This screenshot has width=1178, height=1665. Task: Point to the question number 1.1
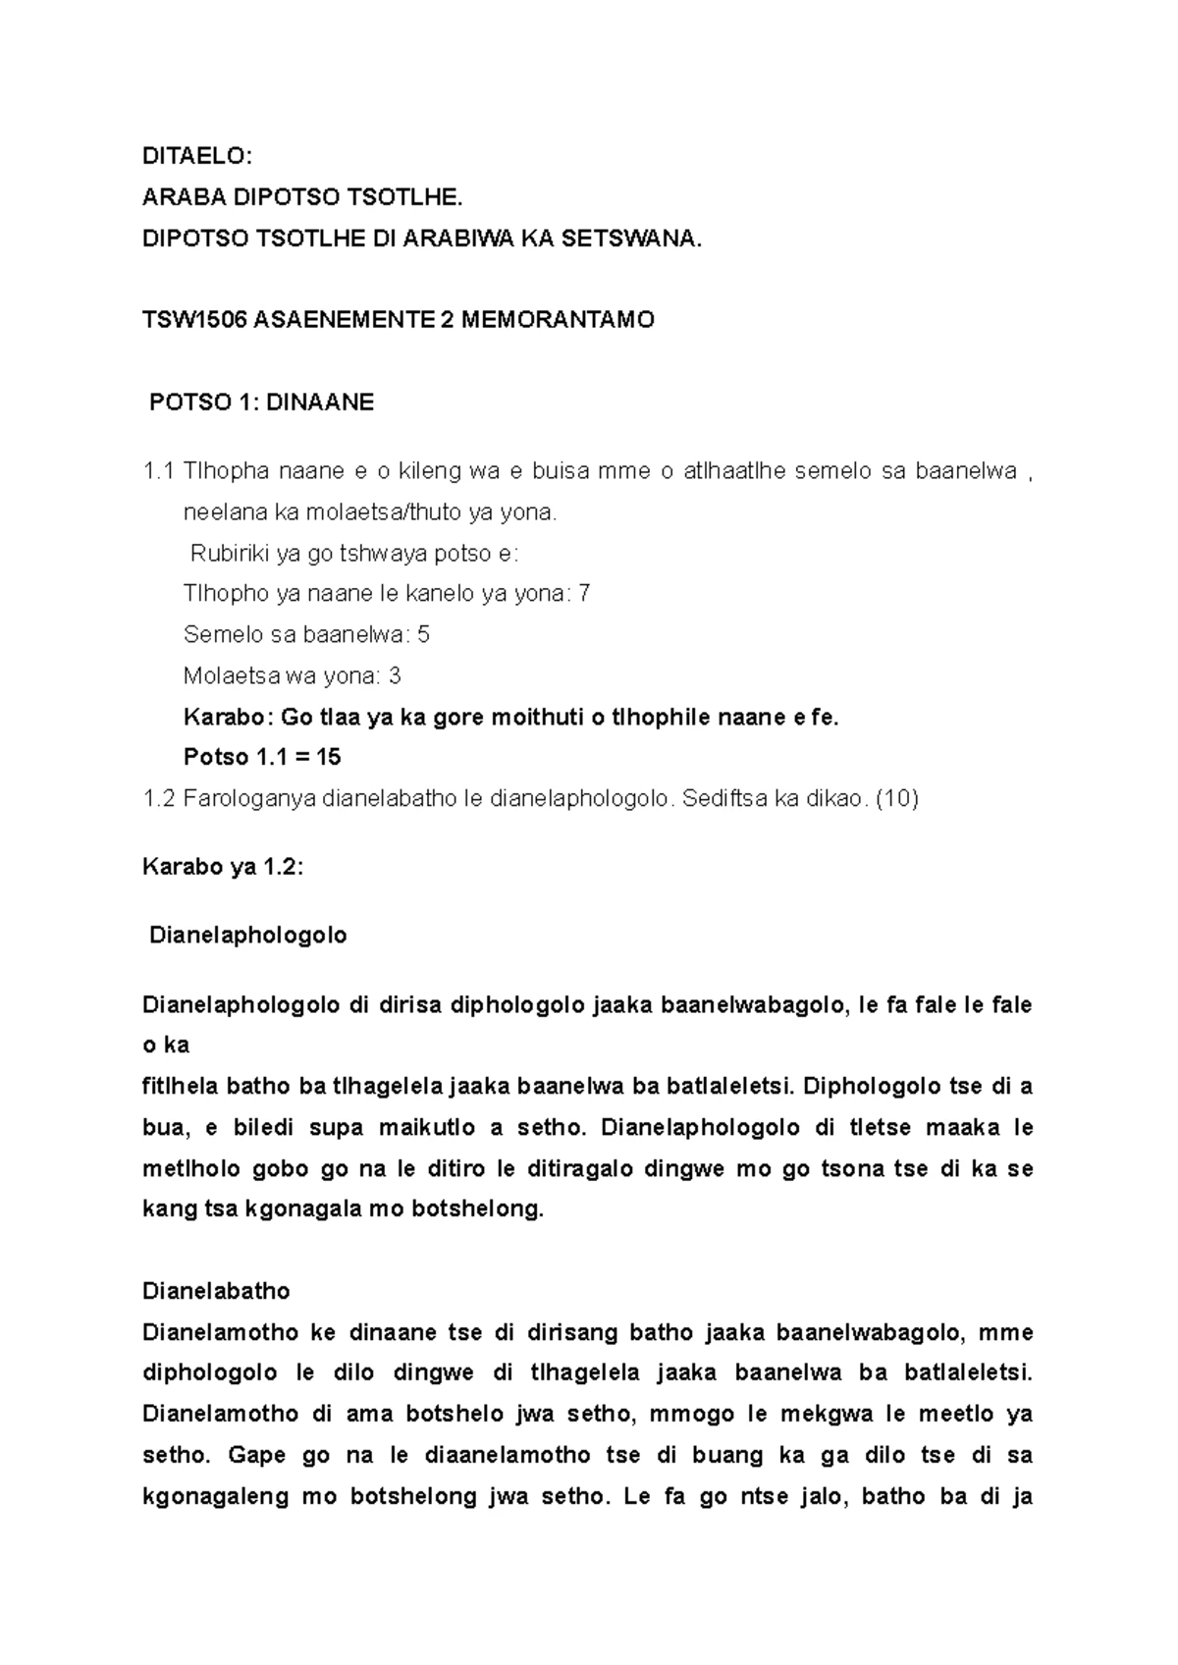pyautogui.click(x=158, y=471)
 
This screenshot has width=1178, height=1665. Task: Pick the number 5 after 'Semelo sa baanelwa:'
pyautogui.click(x=423, y=635)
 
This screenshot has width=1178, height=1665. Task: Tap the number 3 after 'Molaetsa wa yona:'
pyautogui.click(x=395, y=676)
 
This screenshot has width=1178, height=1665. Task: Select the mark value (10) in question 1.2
pyautogui.click(x=896, y=799)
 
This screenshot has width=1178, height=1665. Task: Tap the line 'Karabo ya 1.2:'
pyautogui.click(x=223, y=868)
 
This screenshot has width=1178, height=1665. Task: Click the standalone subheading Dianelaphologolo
pyautogui.click(x=247, y=936)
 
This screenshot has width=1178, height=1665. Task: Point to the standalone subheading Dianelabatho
pyautogui.click(x=216, y=1290)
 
